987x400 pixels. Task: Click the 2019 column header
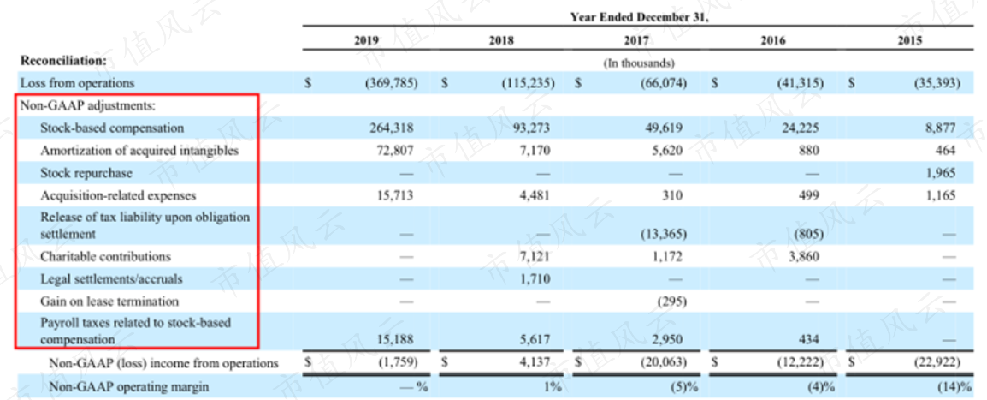pos(366,41)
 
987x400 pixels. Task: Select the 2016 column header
pos(773,41)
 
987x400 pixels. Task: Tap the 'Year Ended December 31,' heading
pos(639,17)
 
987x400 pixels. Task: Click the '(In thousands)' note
pos(639,63)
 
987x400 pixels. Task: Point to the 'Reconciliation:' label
pos(63,61)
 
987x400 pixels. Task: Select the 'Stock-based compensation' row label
pos(112,128)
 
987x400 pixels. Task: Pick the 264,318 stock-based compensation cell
pos(390,128)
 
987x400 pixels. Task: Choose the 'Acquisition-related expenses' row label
pos(118,195)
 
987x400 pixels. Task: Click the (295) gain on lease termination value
pos(671,301)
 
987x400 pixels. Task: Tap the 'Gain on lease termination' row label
pos(109,301)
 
